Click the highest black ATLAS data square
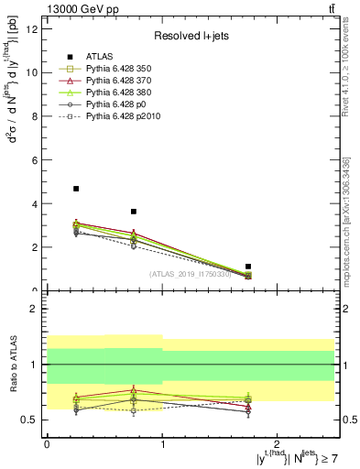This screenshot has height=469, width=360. pos(76,189)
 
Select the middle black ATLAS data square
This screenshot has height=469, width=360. pos(134,212)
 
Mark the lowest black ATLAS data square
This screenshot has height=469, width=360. pos(248,267)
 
